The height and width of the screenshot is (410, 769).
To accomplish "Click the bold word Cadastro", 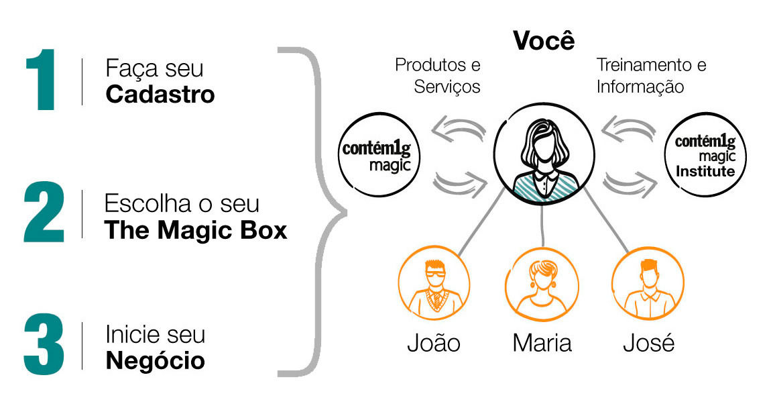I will [160, 95].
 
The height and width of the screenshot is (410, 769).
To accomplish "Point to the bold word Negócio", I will [156, 361].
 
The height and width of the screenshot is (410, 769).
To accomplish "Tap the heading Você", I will [544, 41].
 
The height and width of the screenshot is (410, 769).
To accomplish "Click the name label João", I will [434, 343].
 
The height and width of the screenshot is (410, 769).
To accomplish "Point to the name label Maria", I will [542, 343].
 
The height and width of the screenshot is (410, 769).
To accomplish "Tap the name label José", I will [648, 343].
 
